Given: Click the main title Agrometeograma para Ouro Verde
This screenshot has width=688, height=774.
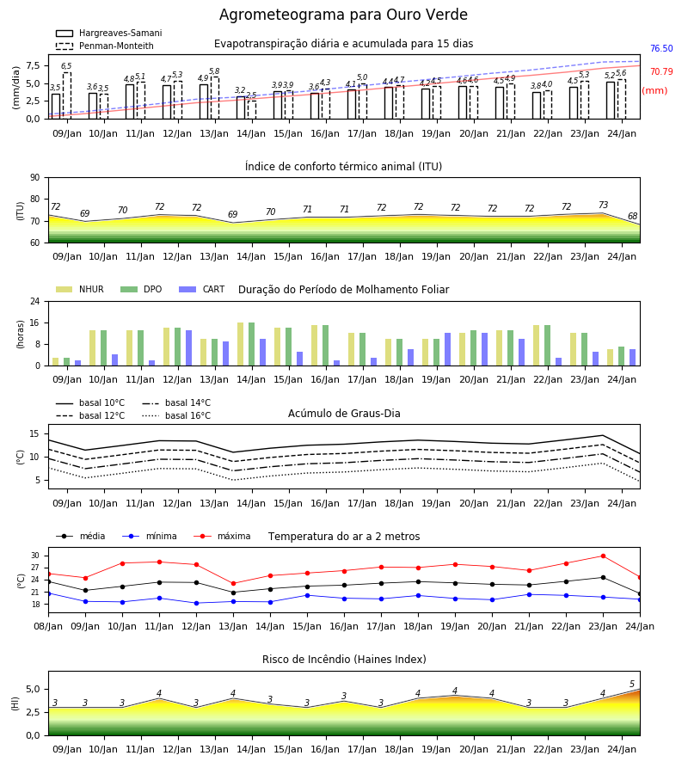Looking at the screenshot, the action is click(343, 15).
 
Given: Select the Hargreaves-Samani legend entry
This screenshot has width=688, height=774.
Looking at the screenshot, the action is click(108, 33).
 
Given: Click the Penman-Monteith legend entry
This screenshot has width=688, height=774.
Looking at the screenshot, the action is click(105, 46).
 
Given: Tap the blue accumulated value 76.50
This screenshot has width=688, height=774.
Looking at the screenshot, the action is click(661, 48).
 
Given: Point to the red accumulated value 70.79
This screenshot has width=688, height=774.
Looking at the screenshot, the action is click(661, 71).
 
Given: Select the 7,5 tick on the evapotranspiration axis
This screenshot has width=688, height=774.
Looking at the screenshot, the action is click(33, 65).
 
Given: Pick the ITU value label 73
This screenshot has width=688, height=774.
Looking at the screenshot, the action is click(603, 205).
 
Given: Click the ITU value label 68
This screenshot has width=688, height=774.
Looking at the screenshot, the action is click(632, 216).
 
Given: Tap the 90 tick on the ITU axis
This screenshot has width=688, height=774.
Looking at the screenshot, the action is click(35, 178).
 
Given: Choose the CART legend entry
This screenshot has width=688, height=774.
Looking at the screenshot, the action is click(201, 289).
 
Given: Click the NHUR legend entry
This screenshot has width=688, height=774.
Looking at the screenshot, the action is click(79, 289).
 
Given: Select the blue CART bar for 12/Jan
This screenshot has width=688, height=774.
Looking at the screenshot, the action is click(188, 348).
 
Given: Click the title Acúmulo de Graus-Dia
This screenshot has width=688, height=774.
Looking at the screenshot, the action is click(344, 414).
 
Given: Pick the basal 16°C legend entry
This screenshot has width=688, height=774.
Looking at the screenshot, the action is click(176, 415).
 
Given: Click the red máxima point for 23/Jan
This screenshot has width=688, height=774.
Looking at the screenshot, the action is click(603, 556).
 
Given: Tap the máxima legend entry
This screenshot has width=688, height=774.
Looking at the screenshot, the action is click(222, 536).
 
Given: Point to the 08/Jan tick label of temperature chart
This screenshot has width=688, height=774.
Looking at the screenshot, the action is click(48, 626).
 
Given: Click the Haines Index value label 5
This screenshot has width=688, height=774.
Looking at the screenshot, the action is click(632, 685).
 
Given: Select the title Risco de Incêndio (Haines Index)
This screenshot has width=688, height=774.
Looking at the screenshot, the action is click(344, 660).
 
